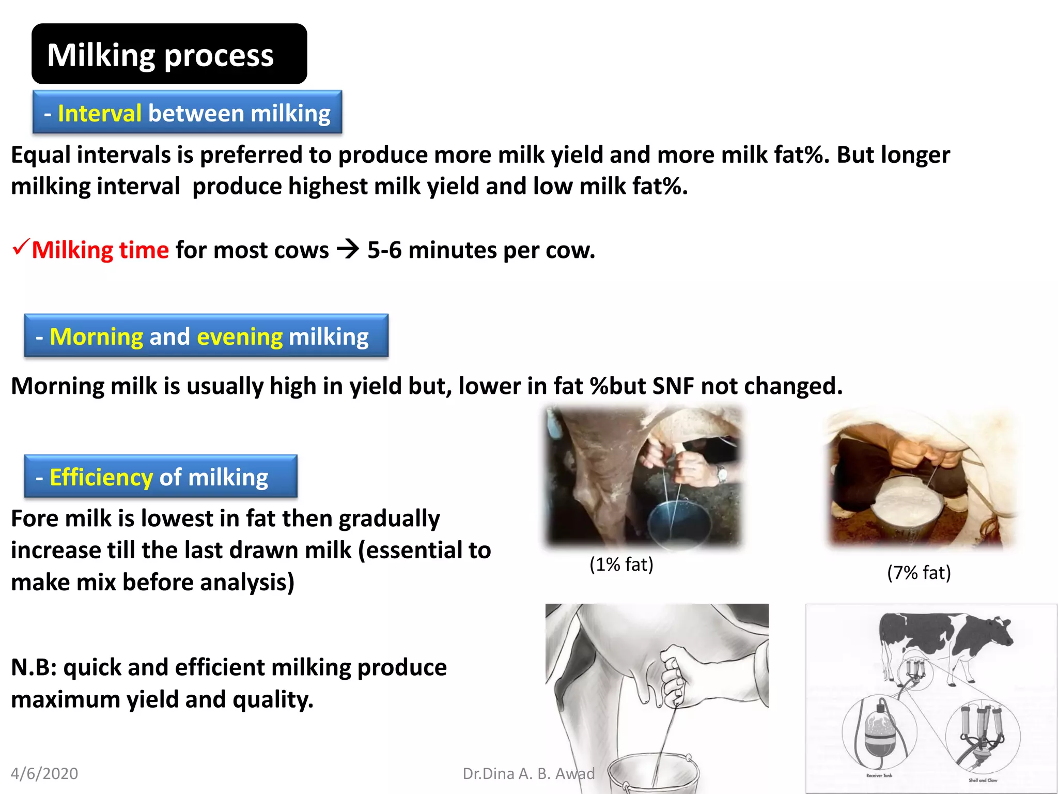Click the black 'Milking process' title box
pyautogui.click(x=169, y=54)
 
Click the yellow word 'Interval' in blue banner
pyautogui.click(x=99, y=113)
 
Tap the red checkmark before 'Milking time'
pyautogui.click(x=21, y=247)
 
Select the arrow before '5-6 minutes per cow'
pyautogui.click(x=348, y=250)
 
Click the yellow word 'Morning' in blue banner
pyautogui.click(x=96, y=337)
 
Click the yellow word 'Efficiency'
pyautogui.click(x=101, y=477)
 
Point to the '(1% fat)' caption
pyautogui.click(x=621, y=564)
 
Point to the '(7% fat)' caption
pyautogui.click(x=919, y=572)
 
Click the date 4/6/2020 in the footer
pyautogui.click(x=44, y=773)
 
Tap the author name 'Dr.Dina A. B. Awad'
pyautogui.click(x=528, y=773)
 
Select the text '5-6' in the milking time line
pyautogui.click(x=384, y=250)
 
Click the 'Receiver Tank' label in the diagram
pyautogui.click(x=879, y=775)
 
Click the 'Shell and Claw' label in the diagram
pyautogui.click(x=982, y=780)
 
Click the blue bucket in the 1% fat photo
pyautogui.click(x=679, y=520)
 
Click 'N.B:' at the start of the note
pyautogui.click(x=34, y=667)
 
